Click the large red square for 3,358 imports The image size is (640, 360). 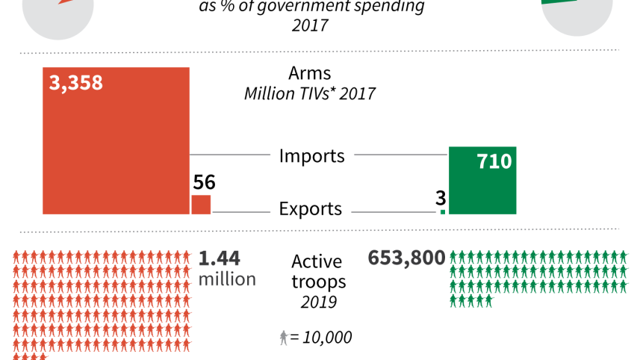click(116, 142)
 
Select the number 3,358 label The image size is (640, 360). click(75, 82)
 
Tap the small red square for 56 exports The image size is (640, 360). click(201, 205)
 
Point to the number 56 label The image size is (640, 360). click(204, 182)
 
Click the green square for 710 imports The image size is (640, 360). click(482, 181)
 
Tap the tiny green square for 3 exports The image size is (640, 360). click(443, 212)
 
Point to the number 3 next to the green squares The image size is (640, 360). click(441, 198)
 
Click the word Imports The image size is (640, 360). click(311, 156)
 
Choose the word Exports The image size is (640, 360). click(310, 209)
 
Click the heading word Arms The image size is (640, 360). click(309, 74)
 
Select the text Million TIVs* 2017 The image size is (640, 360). click(309, 94)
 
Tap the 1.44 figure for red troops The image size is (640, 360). click(220, 259)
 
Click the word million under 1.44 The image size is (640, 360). click(227, 279)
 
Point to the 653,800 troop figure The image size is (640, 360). click(406, 258)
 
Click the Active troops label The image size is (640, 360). click(317, 272)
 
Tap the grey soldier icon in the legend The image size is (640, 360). click(284, 338)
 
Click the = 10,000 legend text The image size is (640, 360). click(321, 338)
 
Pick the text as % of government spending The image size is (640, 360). click(311, 7)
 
